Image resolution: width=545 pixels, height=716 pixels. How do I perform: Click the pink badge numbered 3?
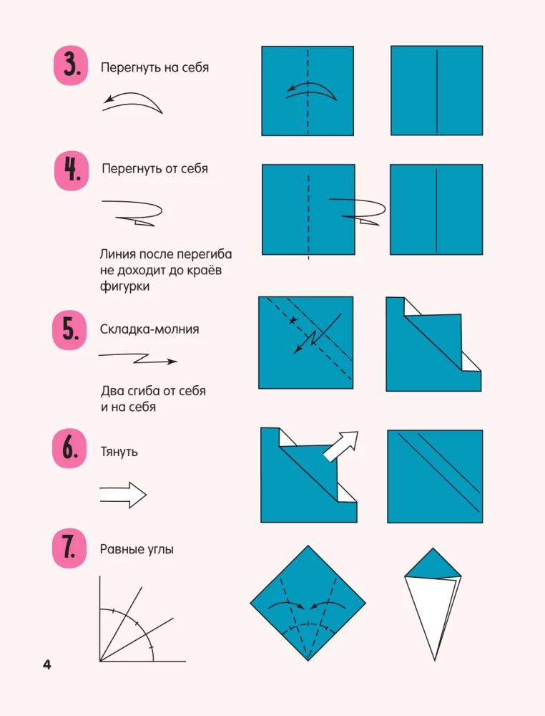pos(70,67)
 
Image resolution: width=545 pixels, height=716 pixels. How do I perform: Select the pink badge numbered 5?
pos(70,330)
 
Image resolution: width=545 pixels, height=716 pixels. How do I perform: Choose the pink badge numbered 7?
pos(70,549)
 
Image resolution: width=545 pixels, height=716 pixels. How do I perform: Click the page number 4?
pos(47,665)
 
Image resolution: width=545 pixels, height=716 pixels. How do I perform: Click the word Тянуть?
pos(119,453)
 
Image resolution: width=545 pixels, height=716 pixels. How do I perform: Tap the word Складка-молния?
pos(149,329)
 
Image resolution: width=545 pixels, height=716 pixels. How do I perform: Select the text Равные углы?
pos(137,550)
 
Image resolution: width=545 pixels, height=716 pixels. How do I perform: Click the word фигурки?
pos(126,286)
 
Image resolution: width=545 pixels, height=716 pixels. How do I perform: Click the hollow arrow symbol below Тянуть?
pos(123,494)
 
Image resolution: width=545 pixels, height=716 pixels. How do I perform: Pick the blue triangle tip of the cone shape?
pos(433,564)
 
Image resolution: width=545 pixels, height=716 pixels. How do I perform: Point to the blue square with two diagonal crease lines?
pos(435,476)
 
